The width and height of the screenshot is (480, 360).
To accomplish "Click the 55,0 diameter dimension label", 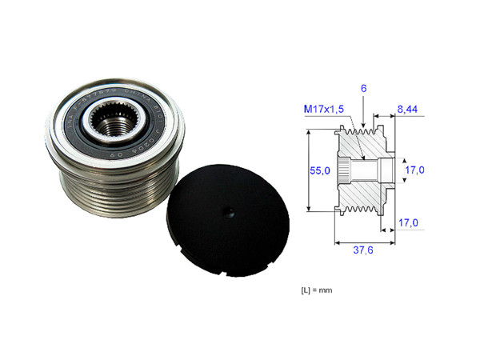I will [319, 170].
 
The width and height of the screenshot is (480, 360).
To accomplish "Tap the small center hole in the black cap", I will [228, 213].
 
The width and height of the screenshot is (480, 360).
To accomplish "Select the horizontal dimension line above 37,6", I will [362, 240].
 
